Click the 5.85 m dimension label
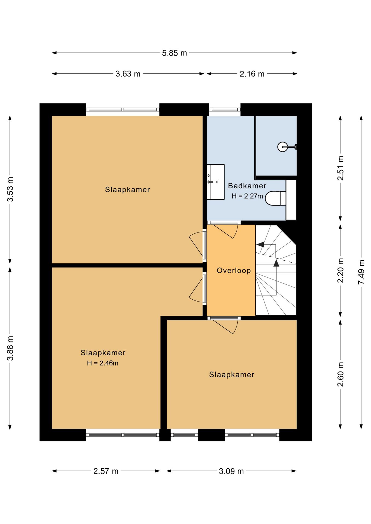pyautogui.click(x=174, y=53)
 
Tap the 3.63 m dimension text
pyautogui.click(x=128, y=74)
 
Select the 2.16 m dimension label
pyautogui.click(x=252, y=74)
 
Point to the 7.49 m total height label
pyautogui.click(x=361, y=272)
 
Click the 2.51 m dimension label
pyautogui.click(x=340, y=168)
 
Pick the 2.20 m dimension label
pyautogui.click(x=340, y=270)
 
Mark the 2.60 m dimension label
pyautogui.click(x=340, y=374)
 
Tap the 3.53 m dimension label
pyautogui.click(x=10, y=189)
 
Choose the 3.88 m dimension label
pyautogui.click(x=10, y=348)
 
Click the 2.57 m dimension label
pyautogui.click(x=106, y=471)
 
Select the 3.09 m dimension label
pyautogui.click(x=231, y=471)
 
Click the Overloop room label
pyautogui.click(x=234, y=270)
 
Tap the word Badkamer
pyautogui.click(x=247, y=186)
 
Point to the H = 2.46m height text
pyautogui.click(x=103, y=363)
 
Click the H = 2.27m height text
pyautogui.click(x=247, y=196)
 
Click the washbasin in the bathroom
pyautogui.click(x=216, y=182)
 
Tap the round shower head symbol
pyautogui.click(x=282, y=147)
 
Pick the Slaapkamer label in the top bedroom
pyautogui.click(x=128, y=190)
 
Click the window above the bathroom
pyautogui.click(x=225, y=110)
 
